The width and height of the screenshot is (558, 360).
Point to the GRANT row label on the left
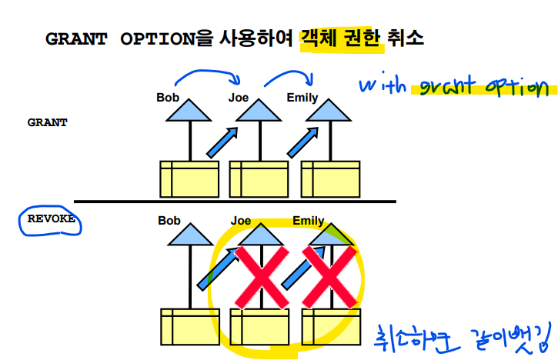[47, 122]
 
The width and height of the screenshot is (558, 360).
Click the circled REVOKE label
[52, 219]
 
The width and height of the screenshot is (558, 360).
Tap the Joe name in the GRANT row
[239, 98]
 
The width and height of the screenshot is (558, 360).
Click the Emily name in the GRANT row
[302, 98]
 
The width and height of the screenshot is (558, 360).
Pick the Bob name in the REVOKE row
[169, 221]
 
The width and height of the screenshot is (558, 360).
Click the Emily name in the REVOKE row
[308, 222]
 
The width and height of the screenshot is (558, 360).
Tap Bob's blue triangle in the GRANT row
[189, 112]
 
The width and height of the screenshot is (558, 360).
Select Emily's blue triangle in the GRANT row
[332, 112]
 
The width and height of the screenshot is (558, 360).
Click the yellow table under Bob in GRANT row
[189, 178]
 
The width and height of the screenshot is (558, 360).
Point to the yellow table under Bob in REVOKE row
[189, 326]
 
